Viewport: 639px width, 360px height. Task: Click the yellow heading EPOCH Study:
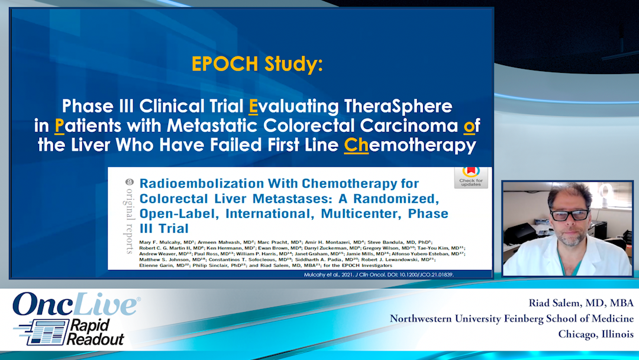pos(257,65)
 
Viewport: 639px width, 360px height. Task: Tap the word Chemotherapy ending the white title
pos(409,146)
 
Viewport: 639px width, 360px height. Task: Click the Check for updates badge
pos(470,176)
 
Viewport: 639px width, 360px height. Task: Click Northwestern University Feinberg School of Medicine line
pos(511,319)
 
